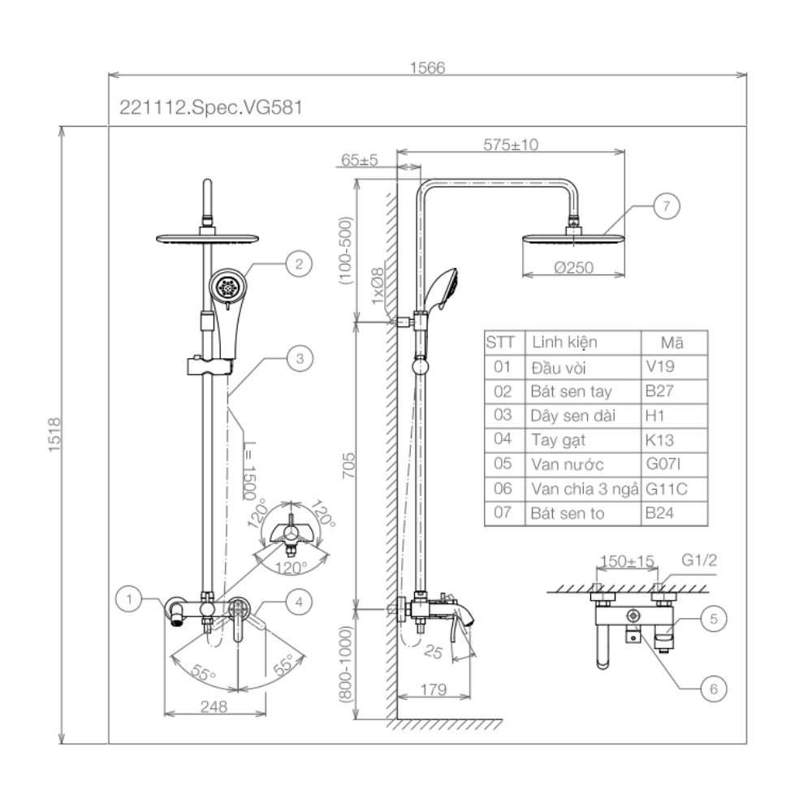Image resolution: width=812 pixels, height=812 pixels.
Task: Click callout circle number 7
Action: (x=666, y=206)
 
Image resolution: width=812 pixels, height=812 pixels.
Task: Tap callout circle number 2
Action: (x=299, y=262)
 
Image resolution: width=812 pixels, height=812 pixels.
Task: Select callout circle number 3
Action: (x=299, y=356)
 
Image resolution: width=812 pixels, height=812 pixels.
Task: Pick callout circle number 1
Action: (x=128, y=601)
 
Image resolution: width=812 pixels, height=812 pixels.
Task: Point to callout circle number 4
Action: (x=299, y=602)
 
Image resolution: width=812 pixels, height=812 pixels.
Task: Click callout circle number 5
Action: (x=713, y=620)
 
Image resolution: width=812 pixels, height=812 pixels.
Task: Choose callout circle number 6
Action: (x=713, y=689)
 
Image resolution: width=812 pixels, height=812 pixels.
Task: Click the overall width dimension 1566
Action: (x=428, y=69)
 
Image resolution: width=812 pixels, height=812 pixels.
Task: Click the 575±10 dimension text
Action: (x=511, y=145)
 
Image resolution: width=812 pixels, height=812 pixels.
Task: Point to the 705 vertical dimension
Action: (x=348, y=464)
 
